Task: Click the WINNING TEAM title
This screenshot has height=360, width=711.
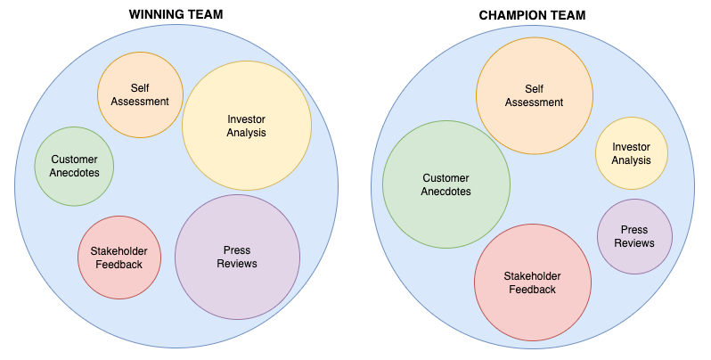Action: (176, 14)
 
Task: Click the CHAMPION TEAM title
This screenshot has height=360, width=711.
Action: (533, 14)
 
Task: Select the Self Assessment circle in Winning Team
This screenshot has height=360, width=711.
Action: (140, 94)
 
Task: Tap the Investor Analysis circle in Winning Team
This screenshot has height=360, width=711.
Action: (247, 126)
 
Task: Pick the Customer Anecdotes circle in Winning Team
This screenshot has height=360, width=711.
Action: (74, 166)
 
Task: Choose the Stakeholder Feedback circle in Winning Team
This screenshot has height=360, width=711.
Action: (118, 257)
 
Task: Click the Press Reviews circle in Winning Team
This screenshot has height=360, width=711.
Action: (237, 257)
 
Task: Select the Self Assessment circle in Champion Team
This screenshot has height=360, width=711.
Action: (534, 95)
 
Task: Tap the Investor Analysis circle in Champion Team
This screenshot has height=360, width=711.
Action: (631, 153)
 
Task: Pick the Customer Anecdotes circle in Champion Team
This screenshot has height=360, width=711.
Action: (446, 184)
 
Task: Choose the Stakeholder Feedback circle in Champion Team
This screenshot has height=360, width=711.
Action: (532, 282)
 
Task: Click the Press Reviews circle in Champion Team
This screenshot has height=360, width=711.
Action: (634, 236)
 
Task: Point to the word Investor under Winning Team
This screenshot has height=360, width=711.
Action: (247, 119)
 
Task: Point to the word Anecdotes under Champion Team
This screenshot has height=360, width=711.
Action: (446, 192)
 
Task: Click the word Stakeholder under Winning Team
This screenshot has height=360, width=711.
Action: (118, 250)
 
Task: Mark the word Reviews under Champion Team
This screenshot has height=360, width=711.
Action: (634, 243)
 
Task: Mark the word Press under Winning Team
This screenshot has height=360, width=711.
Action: (237, 250)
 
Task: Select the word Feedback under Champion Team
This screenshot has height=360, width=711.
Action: (532, 290)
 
